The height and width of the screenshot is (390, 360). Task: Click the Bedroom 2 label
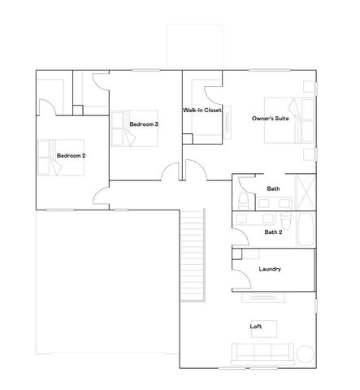(71, 154)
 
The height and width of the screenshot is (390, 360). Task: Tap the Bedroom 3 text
(144, 123)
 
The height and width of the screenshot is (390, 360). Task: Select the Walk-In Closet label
(202, 109)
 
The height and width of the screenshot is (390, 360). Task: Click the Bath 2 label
(274, 232)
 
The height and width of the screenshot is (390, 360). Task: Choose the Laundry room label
(270, 269)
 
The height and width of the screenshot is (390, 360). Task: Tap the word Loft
(256, 327)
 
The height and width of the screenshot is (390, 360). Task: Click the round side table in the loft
(306, 353)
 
